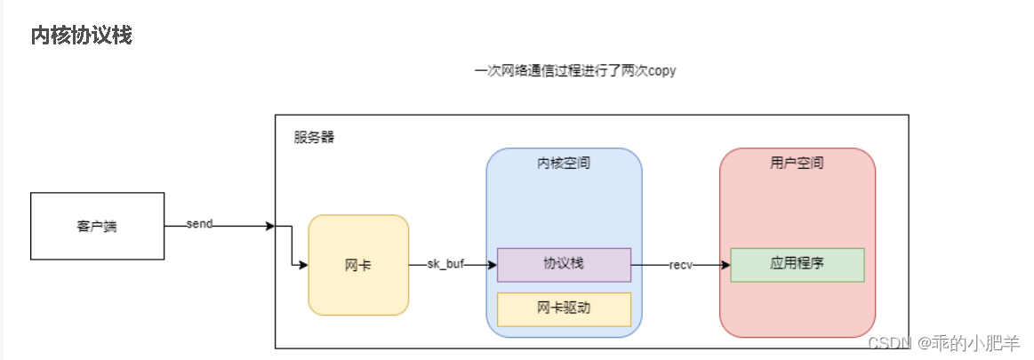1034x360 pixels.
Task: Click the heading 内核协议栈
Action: (x=82, y=36)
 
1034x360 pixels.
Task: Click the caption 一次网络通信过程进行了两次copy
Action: (x=574, y=71)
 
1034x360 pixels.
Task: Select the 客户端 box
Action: (x=97, y=226)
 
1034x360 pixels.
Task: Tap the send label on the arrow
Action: (x=199, y=224)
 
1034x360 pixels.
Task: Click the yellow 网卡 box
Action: (x=358, y=265)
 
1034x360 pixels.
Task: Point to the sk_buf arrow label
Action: (x=446, y=265)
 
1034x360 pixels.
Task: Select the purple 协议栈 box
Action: (x=564, y=265)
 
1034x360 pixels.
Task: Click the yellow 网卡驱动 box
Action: (x=564, y=309)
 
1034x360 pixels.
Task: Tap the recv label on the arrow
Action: (x=681, y=265)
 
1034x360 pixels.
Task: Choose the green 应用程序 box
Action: (x=797, y=265)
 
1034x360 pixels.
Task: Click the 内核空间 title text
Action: (x=564, y=164)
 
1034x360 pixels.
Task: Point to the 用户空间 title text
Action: (x=797, y=164)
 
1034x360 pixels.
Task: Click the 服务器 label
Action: (x=315, y=138)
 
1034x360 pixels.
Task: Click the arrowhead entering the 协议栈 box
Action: (x=491, y=265)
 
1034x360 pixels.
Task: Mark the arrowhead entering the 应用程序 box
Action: (x=725, y=265)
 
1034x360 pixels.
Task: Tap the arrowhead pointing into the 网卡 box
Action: (x=302, y=265)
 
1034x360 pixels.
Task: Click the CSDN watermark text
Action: (x=886, y=343)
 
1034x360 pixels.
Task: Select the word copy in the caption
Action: (x=661, y=71)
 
